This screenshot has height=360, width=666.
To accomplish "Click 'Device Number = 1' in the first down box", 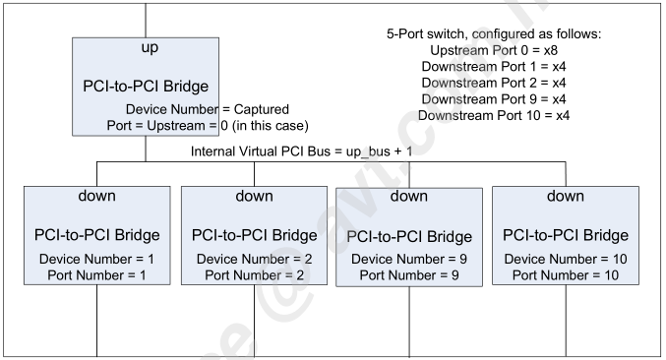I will (96, 258).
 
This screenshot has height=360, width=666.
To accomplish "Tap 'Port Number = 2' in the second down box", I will (254, 274).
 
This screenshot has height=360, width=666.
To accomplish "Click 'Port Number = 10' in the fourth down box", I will (565, 274).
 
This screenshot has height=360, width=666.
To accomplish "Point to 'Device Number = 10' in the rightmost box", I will (565, 258).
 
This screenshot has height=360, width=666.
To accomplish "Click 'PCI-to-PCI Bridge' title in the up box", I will (144, 85).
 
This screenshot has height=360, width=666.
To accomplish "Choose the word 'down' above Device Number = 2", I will (254, 195).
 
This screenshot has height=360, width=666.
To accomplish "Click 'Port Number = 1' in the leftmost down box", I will (96, 274).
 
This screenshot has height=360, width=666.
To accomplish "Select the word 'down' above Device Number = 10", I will (565, 195).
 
